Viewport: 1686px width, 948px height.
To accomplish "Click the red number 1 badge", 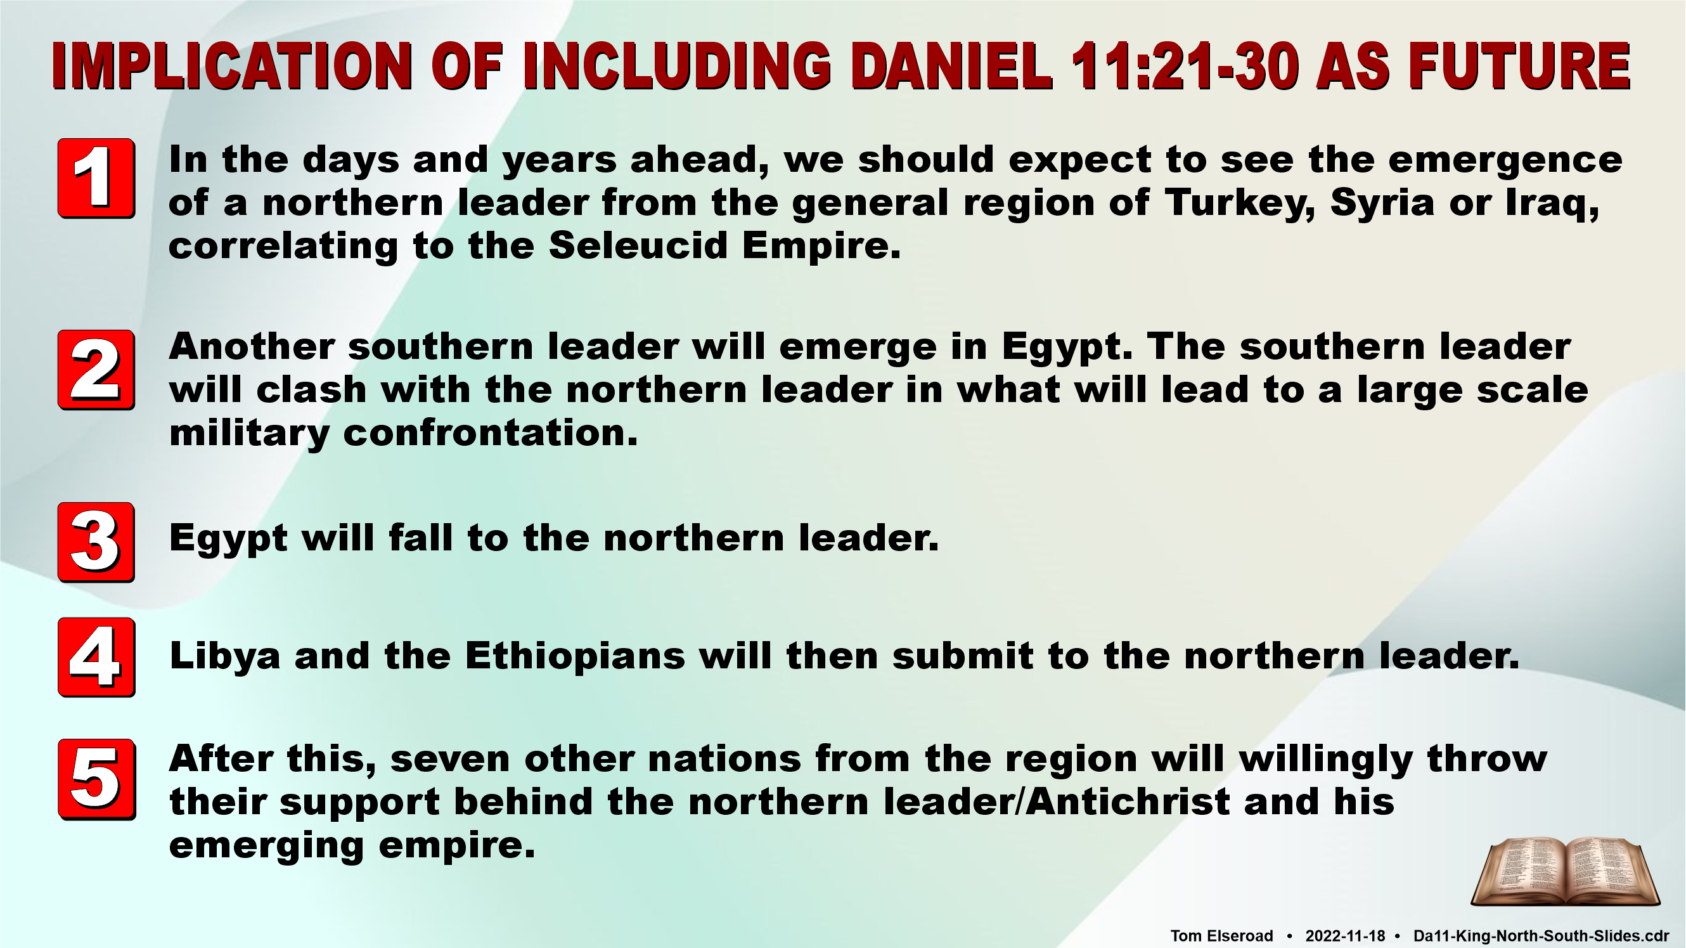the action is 96,178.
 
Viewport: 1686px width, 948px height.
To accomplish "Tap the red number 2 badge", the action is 96,370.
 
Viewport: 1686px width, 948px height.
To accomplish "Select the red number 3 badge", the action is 96,542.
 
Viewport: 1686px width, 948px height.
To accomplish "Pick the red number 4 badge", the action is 96,657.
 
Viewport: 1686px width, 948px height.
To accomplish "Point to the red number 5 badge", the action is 96,779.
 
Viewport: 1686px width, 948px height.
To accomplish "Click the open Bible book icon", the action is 1565,873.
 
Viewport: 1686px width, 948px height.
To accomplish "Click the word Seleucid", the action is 638,245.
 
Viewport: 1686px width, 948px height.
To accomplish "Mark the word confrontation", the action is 490,432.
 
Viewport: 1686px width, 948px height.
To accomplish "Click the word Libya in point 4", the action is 225,657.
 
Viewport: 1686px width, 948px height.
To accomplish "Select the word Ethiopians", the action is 576,657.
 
